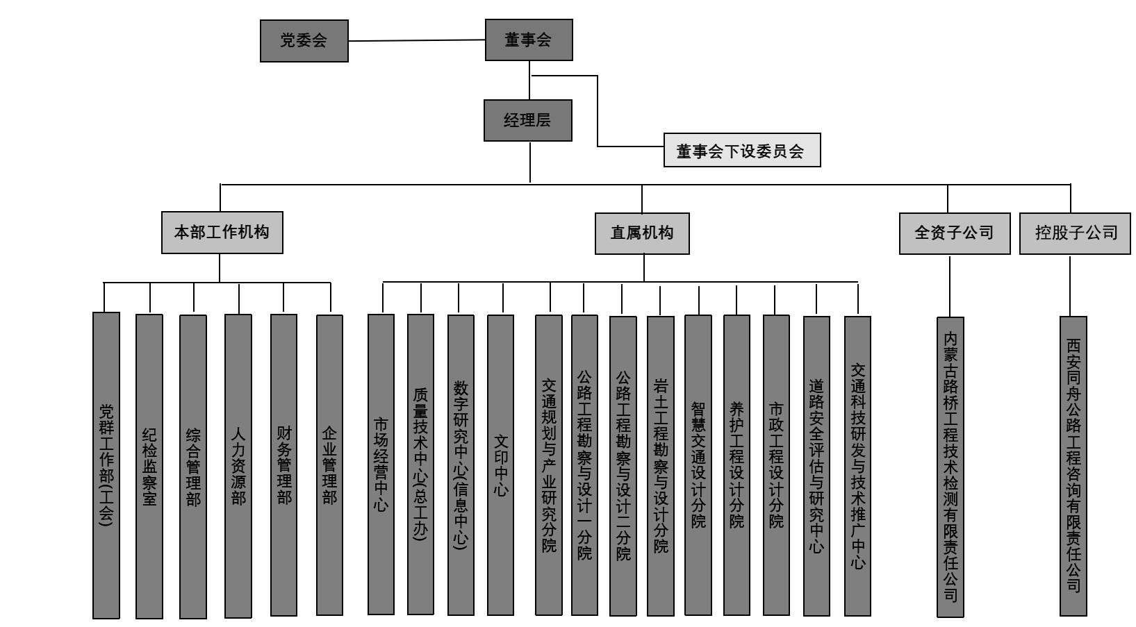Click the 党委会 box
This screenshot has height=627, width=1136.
point(304,41)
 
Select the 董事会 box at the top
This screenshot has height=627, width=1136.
point(528,40)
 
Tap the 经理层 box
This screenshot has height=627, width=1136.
point(527,121)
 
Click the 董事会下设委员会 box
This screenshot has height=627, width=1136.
point(741,151)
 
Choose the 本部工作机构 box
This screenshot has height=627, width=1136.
point(222,233)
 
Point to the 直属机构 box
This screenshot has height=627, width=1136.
point(642,233)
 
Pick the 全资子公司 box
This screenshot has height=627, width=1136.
point(954,233)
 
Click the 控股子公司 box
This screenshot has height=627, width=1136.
point(1074,233)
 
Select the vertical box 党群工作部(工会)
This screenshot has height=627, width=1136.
point(106,465)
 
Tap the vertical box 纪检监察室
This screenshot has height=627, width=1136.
point(149,466)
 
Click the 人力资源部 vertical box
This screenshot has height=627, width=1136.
point(238,466)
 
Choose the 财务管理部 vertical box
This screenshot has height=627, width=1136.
point(283,465)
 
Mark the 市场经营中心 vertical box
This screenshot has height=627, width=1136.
point(381,465)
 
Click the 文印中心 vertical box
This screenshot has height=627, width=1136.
point(500,465)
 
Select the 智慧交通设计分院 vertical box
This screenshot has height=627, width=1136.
point(698,465)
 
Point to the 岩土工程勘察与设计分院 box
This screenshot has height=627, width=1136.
point(660,466)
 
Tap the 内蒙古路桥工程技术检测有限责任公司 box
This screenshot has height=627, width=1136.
point(950,467)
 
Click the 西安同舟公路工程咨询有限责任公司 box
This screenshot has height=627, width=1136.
point(1073,467)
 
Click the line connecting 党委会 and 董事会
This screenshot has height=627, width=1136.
point(417,40)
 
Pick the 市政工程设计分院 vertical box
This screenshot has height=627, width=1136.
point(776,465)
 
